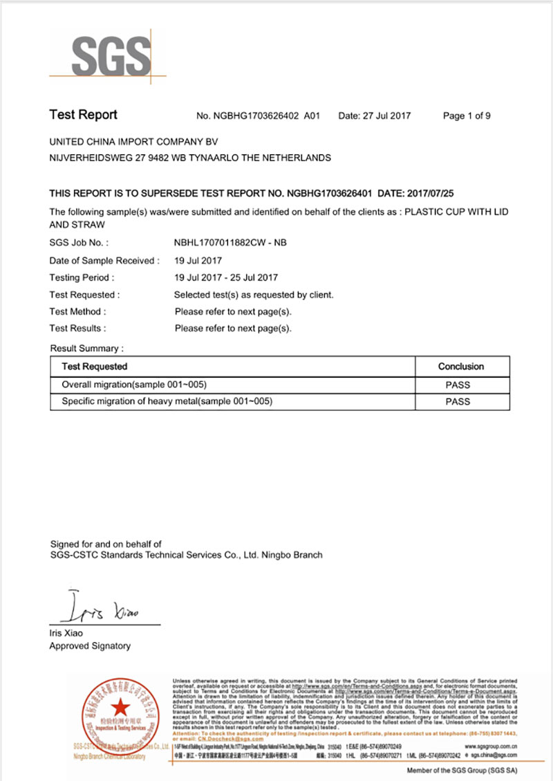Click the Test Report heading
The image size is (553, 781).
coord(83,115)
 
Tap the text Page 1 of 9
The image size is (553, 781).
coord(467,116)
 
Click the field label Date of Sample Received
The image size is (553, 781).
coord(104,261)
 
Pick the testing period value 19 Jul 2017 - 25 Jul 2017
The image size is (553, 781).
coord(226,277)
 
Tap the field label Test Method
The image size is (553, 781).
coord(78,311)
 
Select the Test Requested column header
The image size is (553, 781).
coord(95,367)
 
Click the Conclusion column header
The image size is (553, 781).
coord(461,367)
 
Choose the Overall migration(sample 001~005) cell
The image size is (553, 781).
coord(135,384)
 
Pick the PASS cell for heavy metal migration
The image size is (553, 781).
coord(458,401)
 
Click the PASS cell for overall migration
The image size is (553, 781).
coord(458,384)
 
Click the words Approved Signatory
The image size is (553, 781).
coord(90,646)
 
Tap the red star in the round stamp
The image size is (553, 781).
coord(121,708)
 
